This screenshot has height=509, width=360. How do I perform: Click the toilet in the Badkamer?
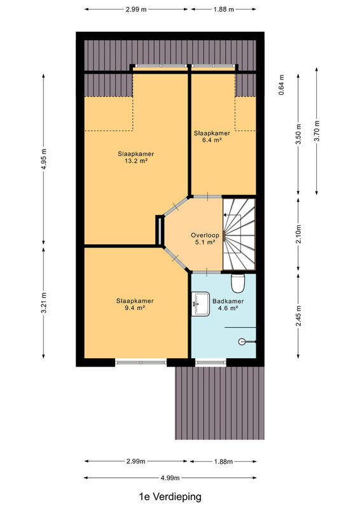click(x=238, y=282)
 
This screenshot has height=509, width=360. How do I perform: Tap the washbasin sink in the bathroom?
click(x=200, y=304)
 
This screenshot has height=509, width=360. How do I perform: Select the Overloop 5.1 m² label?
click(x=205, y=239)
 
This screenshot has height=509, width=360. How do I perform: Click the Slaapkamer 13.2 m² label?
click(x=135, y=157)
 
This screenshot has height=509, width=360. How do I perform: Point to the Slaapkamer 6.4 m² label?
click(x=212, y=136)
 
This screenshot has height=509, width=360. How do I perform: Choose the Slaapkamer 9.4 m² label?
click(x=135, y=305)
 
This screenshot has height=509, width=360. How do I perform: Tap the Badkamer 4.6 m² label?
click(x=228, y=305)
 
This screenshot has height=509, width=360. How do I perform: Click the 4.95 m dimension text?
click(x=45, y=159)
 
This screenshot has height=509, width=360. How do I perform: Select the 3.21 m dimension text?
click(x=45, y=303)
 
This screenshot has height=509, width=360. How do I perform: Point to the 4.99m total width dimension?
click(x=170, y=478)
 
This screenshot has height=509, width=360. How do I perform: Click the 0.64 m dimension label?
click(x=281, y=85)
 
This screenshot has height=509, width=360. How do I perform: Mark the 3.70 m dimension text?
click(x=317, y=131)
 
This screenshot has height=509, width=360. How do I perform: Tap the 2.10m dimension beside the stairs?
click(x=299, y=234)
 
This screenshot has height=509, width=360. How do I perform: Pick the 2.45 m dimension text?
click(x=299, y=316)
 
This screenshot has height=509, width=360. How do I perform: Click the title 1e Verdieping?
click(x=170, y=497)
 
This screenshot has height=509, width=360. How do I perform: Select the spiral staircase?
click(x=239, y=234)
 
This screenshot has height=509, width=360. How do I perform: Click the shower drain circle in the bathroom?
click(x=242, y=342)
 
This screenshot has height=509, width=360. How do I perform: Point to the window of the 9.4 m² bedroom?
click(x=141, y=362)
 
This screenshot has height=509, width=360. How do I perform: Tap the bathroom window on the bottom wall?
click(x=211, y=363)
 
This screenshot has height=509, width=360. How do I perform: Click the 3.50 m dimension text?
click(x=299, y=134)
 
